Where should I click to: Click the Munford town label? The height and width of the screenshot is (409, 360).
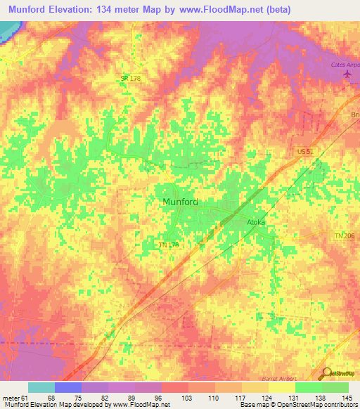[180, 202]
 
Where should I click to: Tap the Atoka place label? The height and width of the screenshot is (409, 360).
[255, 222]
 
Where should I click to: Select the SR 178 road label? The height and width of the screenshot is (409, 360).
[131, 79]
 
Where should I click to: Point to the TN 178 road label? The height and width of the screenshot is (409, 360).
[167, 245]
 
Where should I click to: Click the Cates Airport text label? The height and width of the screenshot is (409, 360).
[345, 65]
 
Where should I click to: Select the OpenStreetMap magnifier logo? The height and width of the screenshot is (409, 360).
[327, 372]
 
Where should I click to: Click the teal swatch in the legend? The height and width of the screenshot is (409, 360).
[41, 387]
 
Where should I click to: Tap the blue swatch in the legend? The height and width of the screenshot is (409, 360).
[68, 387]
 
